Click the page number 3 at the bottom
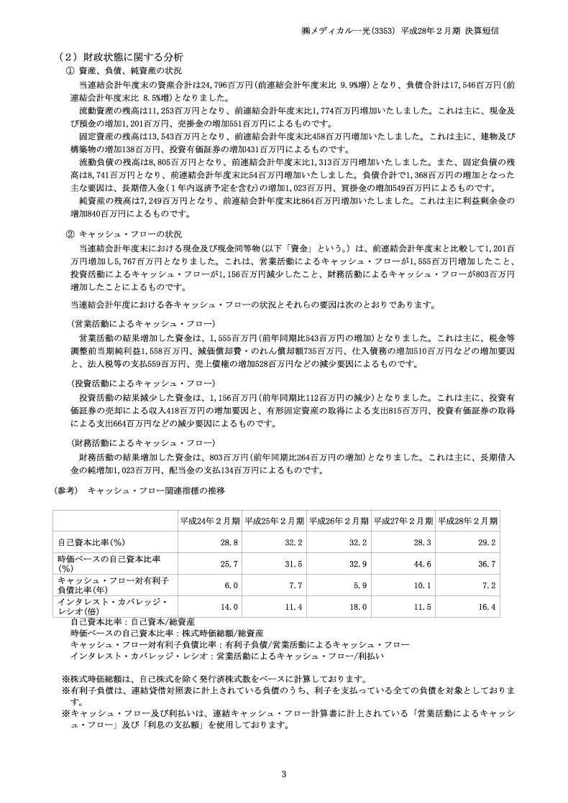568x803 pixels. pos(284,774)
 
